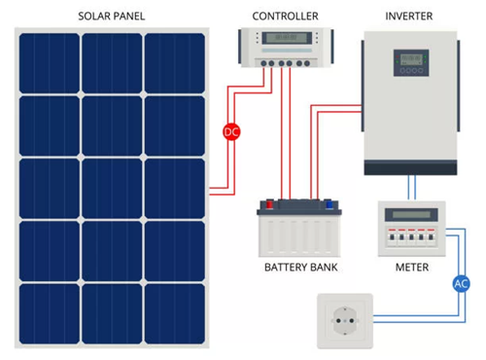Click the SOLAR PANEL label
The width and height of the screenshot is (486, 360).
(113, 17)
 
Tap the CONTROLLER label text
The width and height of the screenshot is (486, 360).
(285, 17)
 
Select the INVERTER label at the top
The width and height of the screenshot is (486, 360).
(409, 17)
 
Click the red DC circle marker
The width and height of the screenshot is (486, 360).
(230, 131)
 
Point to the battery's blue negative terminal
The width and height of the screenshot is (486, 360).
(328, 205)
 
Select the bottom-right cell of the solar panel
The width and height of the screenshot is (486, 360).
(175, 312)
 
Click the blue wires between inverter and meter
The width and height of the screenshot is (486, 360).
(412, 188)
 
